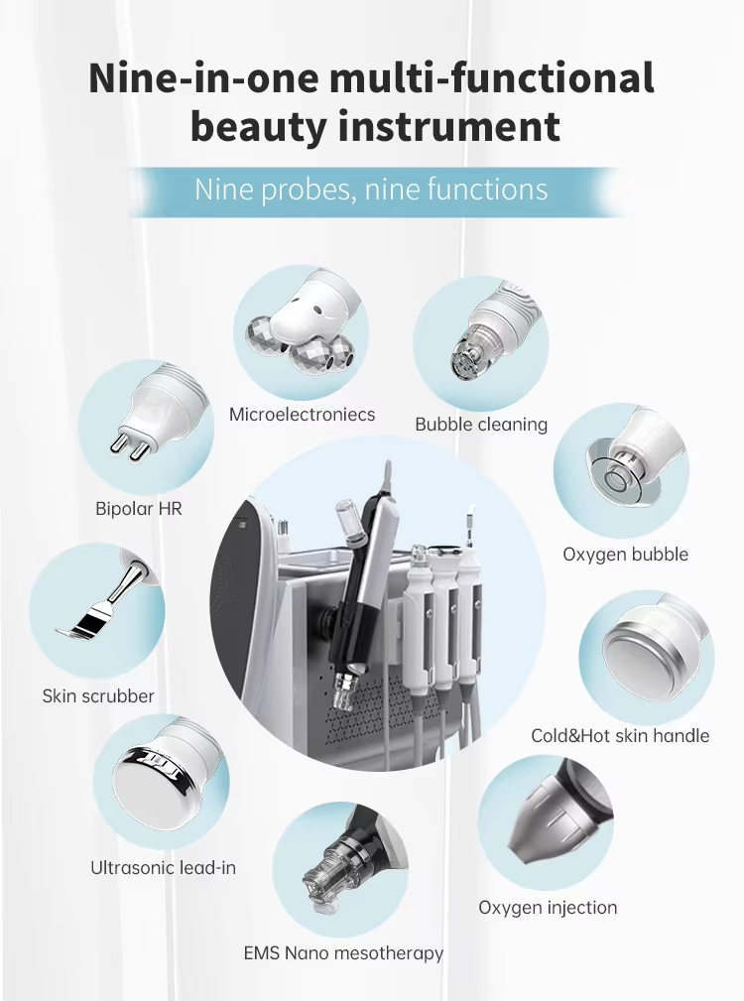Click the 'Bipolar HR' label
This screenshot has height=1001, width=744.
[139, 508]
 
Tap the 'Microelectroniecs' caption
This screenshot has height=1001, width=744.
[302, 415]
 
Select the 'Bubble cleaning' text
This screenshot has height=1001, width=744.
[481, 425]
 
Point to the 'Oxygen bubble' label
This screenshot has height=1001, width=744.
[625, 555]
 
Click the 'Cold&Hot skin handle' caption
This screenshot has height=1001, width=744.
[620, 735]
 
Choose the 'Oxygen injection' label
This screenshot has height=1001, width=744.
[548, 907]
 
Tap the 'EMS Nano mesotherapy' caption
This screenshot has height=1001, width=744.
[343, 953]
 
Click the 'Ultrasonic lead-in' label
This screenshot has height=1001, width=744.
[163, 868]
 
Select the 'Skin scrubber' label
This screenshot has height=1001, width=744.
[98, 695]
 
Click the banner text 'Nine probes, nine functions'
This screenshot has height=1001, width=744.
[371, 189]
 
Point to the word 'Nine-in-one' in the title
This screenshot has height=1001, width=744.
[203, 77]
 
